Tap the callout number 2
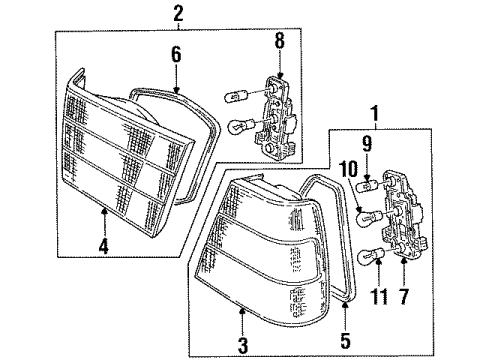click(x=178, y=13)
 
